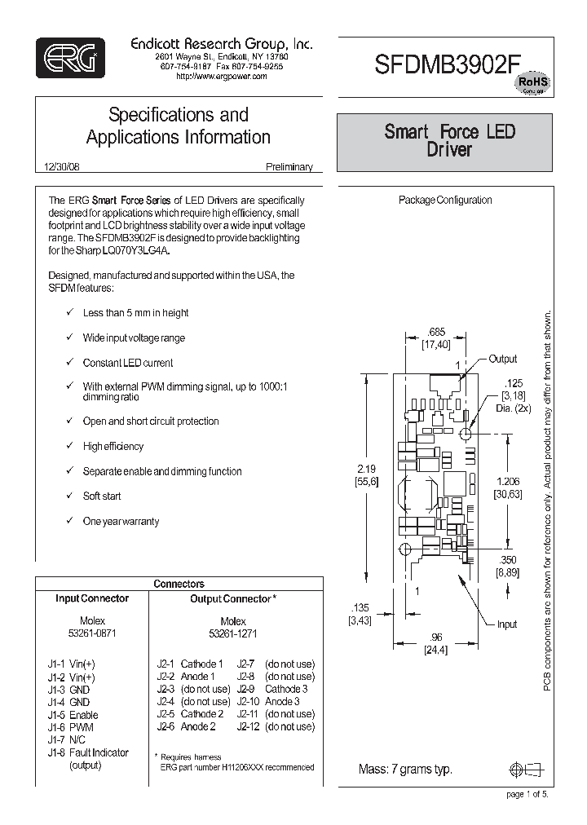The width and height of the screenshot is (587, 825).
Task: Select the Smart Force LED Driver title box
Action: pos(449,141)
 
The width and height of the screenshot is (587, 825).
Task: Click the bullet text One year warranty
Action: pos(121,521)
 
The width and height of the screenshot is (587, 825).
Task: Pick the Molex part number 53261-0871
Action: pos(92,633)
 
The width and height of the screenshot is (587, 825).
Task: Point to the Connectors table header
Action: pos(179,584)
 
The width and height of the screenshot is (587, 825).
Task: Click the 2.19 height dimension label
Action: pos(366,469)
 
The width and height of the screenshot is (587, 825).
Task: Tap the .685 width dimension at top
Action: pos(436,332)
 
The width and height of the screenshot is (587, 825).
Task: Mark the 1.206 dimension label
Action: pos(506,482)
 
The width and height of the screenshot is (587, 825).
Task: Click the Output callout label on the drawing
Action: pos(503,359)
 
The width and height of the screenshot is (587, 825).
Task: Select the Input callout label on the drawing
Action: pos(507,624)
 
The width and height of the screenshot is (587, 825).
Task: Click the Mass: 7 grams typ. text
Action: pos(405,770)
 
